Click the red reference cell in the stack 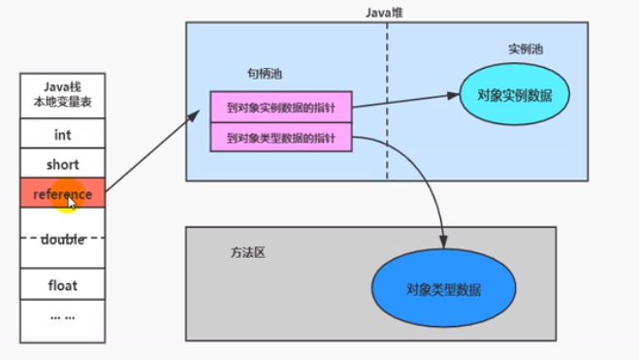click(x=62, y=193)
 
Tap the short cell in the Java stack click(x=62, y=164)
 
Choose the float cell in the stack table click(x=62, y=285)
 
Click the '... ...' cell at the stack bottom click(x=62, y=317)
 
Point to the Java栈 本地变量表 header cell click(x=62, y=93)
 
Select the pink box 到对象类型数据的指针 click(x=280, y=139)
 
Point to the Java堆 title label click(x=385, y=11)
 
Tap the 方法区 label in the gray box click(x=248, y=251)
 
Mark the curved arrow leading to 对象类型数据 click(x=427, y=175)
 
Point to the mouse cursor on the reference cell click(x=73, y=204)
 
